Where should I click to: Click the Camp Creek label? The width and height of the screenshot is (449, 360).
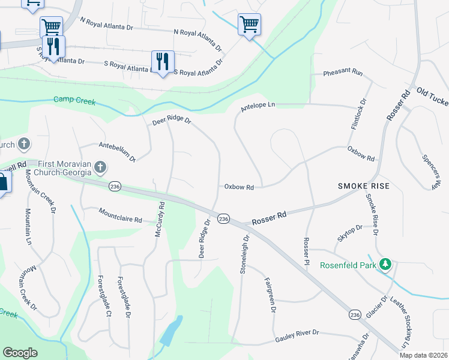pos(74,101)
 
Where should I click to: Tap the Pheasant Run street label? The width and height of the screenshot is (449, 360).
pos(343,73)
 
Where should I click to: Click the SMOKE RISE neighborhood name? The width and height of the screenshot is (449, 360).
pos(364,186)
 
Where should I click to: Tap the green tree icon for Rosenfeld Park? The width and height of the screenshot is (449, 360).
pos(387,264)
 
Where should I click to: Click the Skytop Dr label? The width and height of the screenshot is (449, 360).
pos(350,233)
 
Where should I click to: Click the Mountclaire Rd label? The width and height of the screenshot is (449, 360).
pos(121,216)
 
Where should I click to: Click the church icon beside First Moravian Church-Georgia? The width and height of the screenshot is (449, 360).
pos(101,166)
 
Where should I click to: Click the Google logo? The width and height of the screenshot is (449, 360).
pos(20,353)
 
